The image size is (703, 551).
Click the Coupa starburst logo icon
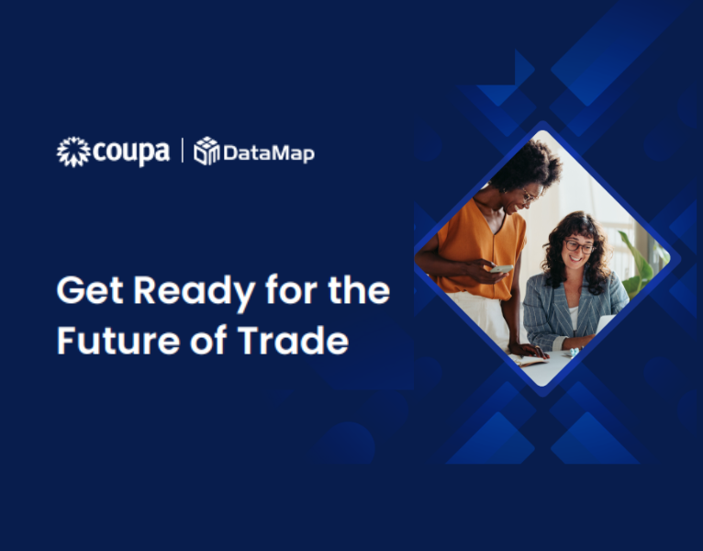click(x=73, y=152)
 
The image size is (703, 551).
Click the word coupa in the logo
click(x=130, y=152)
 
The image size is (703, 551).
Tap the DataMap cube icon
click(x=206, y=152)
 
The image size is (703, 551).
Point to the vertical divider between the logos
click(x=182, y=151)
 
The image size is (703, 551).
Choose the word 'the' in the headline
click(x=359, y=291)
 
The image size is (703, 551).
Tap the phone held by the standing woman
click(x=501, y=268)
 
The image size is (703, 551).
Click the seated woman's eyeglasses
click(x=578, y=246)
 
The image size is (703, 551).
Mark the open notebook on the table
click(x=533, y=360)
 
